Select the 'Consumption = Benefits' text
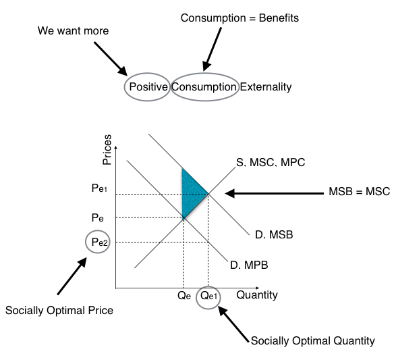[x=239, y=18]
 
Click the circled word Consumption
[x=204, y=86]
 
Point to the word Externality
[x=266, y=86]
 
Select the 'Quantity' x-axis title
[x=257, y=295]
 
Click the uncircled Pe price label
[x=98, y=217]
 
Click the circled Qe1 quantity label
[x=208, y=296]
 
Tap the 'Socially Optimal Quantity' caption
[x=312, y=340]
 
